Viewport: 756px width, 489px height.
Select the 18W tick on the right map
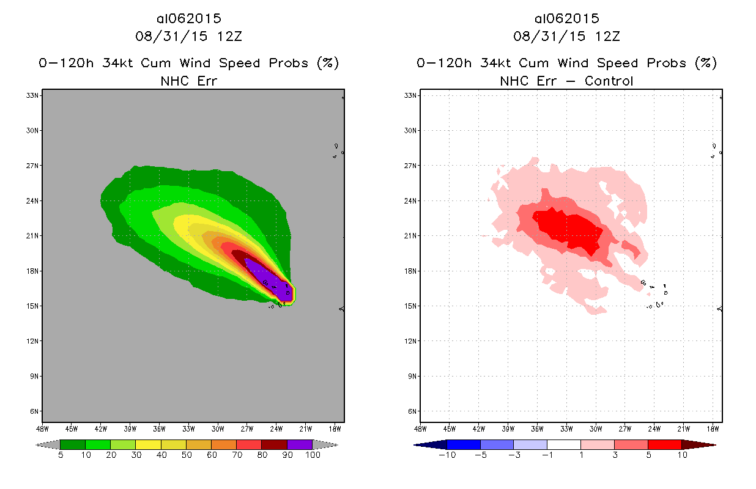pos(713,428)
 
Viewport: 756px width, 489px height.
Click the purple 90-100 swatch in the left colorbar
pos(300,444)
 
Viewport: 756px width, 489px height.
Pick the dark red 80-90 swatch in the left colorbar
pos(274,444)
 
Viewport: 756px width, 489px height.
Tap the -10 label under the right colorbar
pos(446,455)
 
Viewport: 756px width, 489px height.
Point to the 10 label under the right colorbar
pos(682,455)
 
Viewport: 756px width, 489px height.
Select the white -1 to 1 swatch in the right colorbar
pos(563,444)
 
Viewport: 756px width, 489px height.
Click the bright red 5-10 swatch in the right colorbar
pos(664,444)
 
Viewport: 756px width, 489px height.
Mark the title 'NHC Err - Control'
pos(566,81)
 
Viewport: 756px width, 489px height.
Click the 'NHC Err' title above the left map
pos(188,81)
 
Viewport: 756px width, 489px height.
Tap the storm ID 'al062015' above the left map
pos(188,19)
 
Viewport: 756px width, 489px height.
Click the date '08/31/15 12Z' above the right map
pos(566,36)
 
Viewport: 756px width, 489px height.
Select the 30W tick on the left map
pos(217,428)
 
